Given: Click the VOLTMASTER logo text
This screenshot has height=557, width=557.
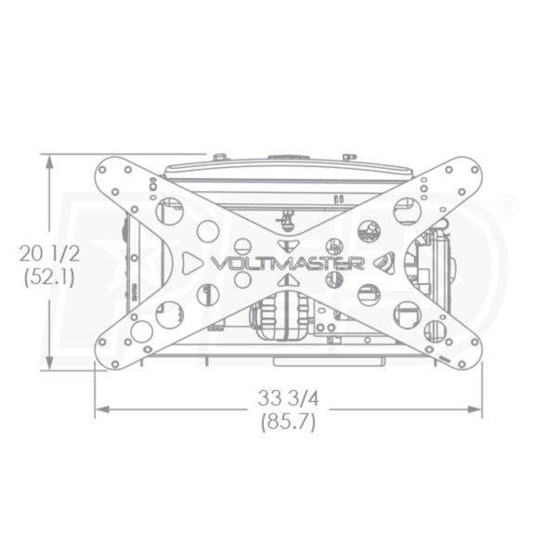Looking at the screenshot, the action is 288,264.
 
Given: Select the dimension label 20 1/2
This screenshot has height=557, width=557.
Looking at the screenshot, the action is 50,253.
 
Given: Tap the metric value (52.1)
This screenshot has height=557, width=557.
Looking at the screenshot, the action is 49,277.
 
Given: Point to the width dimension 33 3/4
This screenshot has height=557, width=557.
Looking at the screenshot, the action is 288,398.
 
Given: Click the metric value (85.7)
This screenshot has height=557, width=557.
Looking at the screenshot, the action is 288,422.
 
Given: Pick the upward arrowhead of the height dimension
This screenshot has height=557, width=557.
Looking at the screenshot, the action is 50,162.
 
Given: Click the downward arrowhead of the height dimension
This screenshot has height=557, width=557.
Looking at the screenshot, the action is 50,362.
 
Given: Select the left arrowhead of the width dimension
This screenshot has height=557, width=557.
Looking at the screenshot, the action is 103,409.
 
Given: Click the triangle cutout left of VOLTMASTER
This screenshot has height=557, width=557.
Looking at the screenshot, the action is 191,264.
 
